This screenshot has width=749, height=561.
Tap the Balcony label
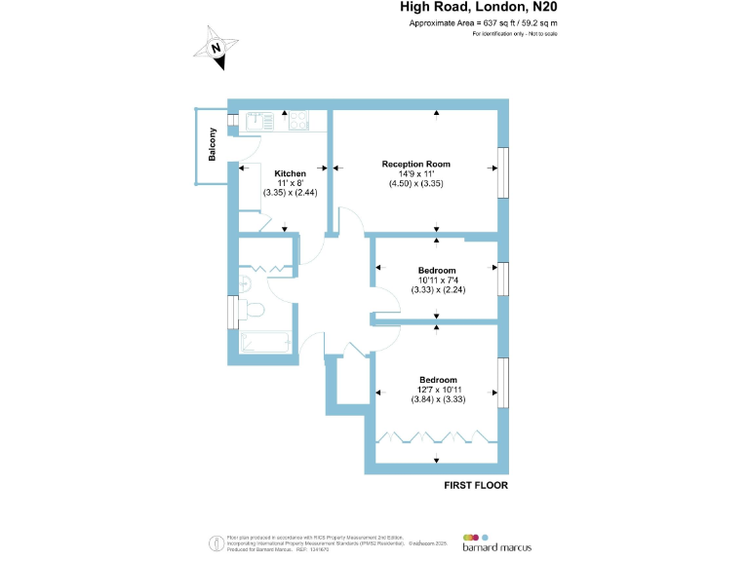click(212, 146)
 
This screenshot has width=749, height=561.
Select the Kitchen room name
click(290, 173)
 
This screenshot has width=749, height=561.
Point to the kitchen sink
click(261, 121)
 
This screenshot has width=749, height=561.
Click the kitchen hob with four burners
click(298, 121)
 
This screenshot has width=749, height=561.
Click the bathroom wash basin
click(245, 283)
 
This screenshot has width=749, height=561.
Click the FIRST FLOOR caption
click(476, 484)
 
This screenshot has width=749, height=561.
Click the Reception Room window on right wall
click(503, 171)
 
